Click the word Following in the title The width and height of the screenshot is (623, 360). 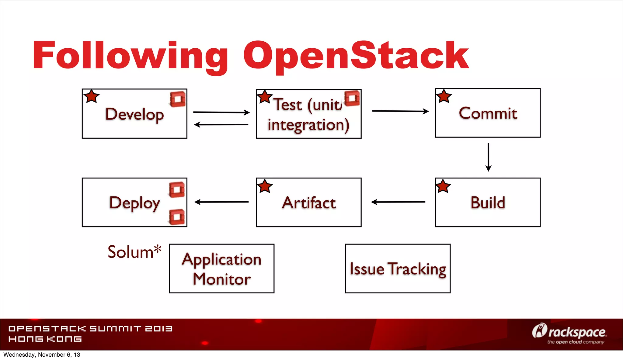(130, 56)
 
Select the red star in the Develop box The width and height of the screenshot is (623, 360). (91, 96)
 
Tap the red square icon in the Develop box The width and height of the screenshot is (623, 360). (178, 99)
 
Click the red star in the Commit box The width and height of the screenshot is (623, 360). (444, 96)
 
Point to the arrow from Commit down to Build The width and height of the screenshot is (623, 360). (488, 157)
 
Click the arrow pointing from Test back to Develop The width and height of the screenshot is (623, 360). (221, 124)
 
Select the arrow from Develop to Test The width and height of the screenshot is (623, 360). (221, 112)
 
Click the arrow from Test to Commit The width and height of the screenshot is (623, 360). (400, 111)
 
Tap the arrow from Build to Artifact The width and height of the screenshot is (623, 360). (398, 202)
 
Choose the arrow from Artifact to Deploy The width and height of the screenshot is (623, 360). (221, 202)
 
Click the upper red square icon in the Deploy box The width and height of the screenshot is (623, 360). (177, 190)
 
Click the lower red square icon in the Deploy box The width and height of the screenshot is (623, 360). (177, 217)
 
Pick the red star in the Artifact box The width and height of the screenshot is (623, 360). (265, 186)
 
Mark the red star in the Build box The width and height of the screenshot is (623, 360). (443, 186)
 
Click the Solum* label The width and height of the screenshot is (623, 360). (134, 252)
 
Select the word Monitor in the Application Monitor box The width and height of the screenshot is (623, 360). (222, 279)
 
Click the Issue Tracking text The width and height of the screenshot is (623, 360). (398, 269)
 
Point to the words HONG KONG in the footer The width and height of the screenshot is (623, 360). (45, 339)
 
